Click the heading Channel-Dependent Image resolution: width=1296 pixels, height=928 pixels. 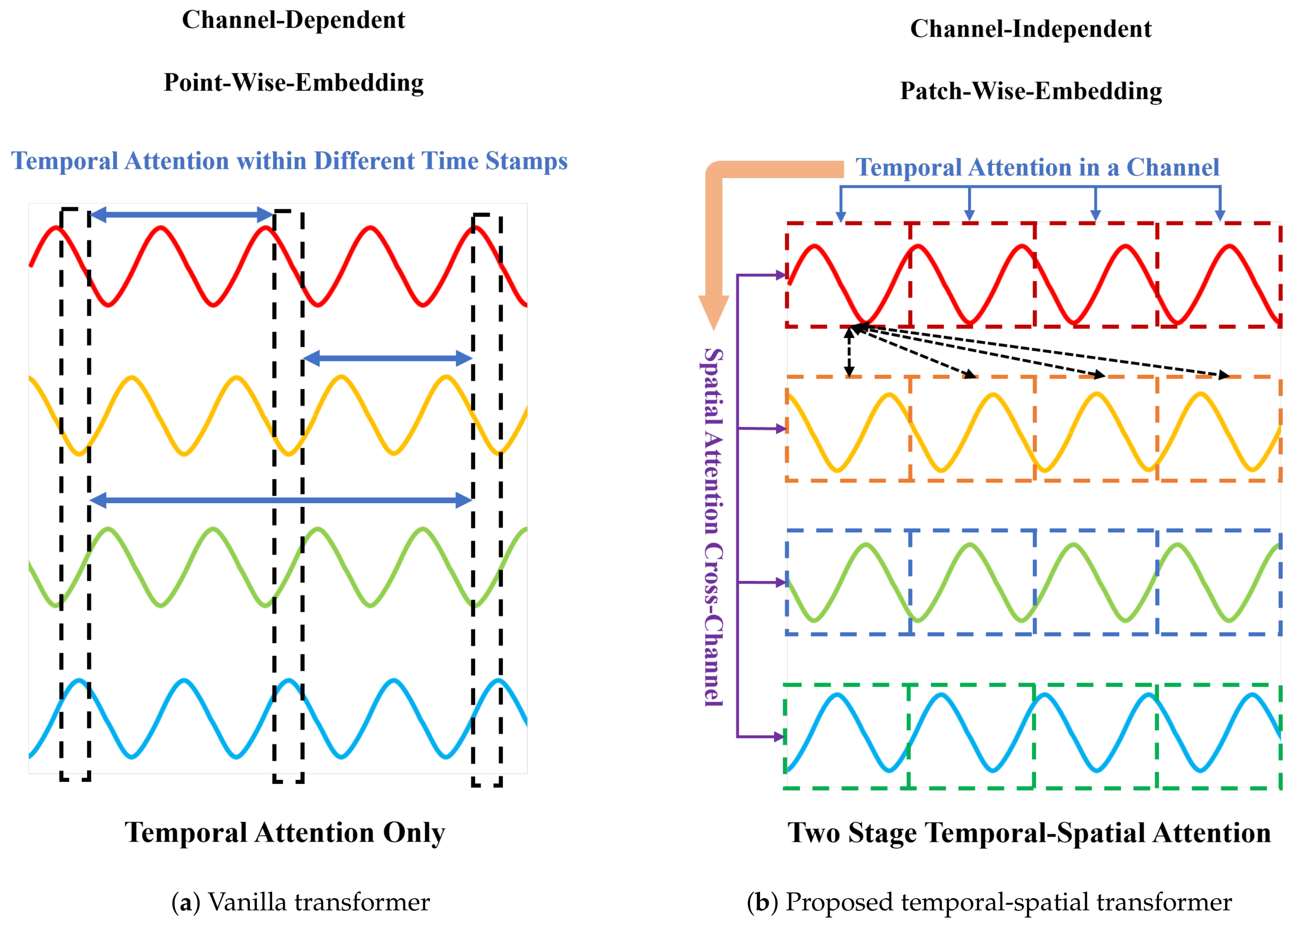tap(293, 20)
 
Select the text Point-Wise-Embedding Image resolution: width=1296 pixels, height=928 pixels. tap(294, 83)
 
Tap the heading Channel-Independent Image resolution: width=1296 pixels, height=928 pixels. tap(1030, 29)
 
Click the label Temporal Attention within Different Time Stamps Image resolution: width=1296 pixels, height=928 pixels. tap(289, 161)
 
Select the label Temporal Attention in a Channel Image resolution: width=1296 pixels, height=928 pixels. tap(1037, 167)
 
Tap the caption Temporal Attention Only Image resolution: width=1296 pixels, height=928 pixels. tap(285, 833)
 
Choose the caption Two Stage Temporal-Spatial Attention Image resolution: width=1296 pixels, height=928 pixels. tap(1029, 833)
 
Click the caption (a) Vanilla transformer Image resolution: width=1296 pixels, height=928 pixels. tap(301, 902)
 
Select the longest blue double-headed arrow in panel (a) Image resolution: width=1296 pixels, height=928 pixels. tap(281, 501)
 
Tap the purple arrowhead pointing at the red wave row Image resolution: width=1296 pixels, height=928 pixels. tap(781, 275)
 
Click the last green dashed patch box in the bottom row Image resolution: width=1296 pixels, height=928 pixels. tap(1218, 736)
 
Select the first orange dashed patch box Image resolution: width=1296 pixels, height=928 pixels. tap(848, 429)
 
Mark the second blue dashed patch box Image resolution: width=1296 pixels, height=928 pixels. tap(972, 582)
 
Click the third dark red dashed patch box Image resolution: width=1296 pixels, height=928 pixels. tap(1096, 275)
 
